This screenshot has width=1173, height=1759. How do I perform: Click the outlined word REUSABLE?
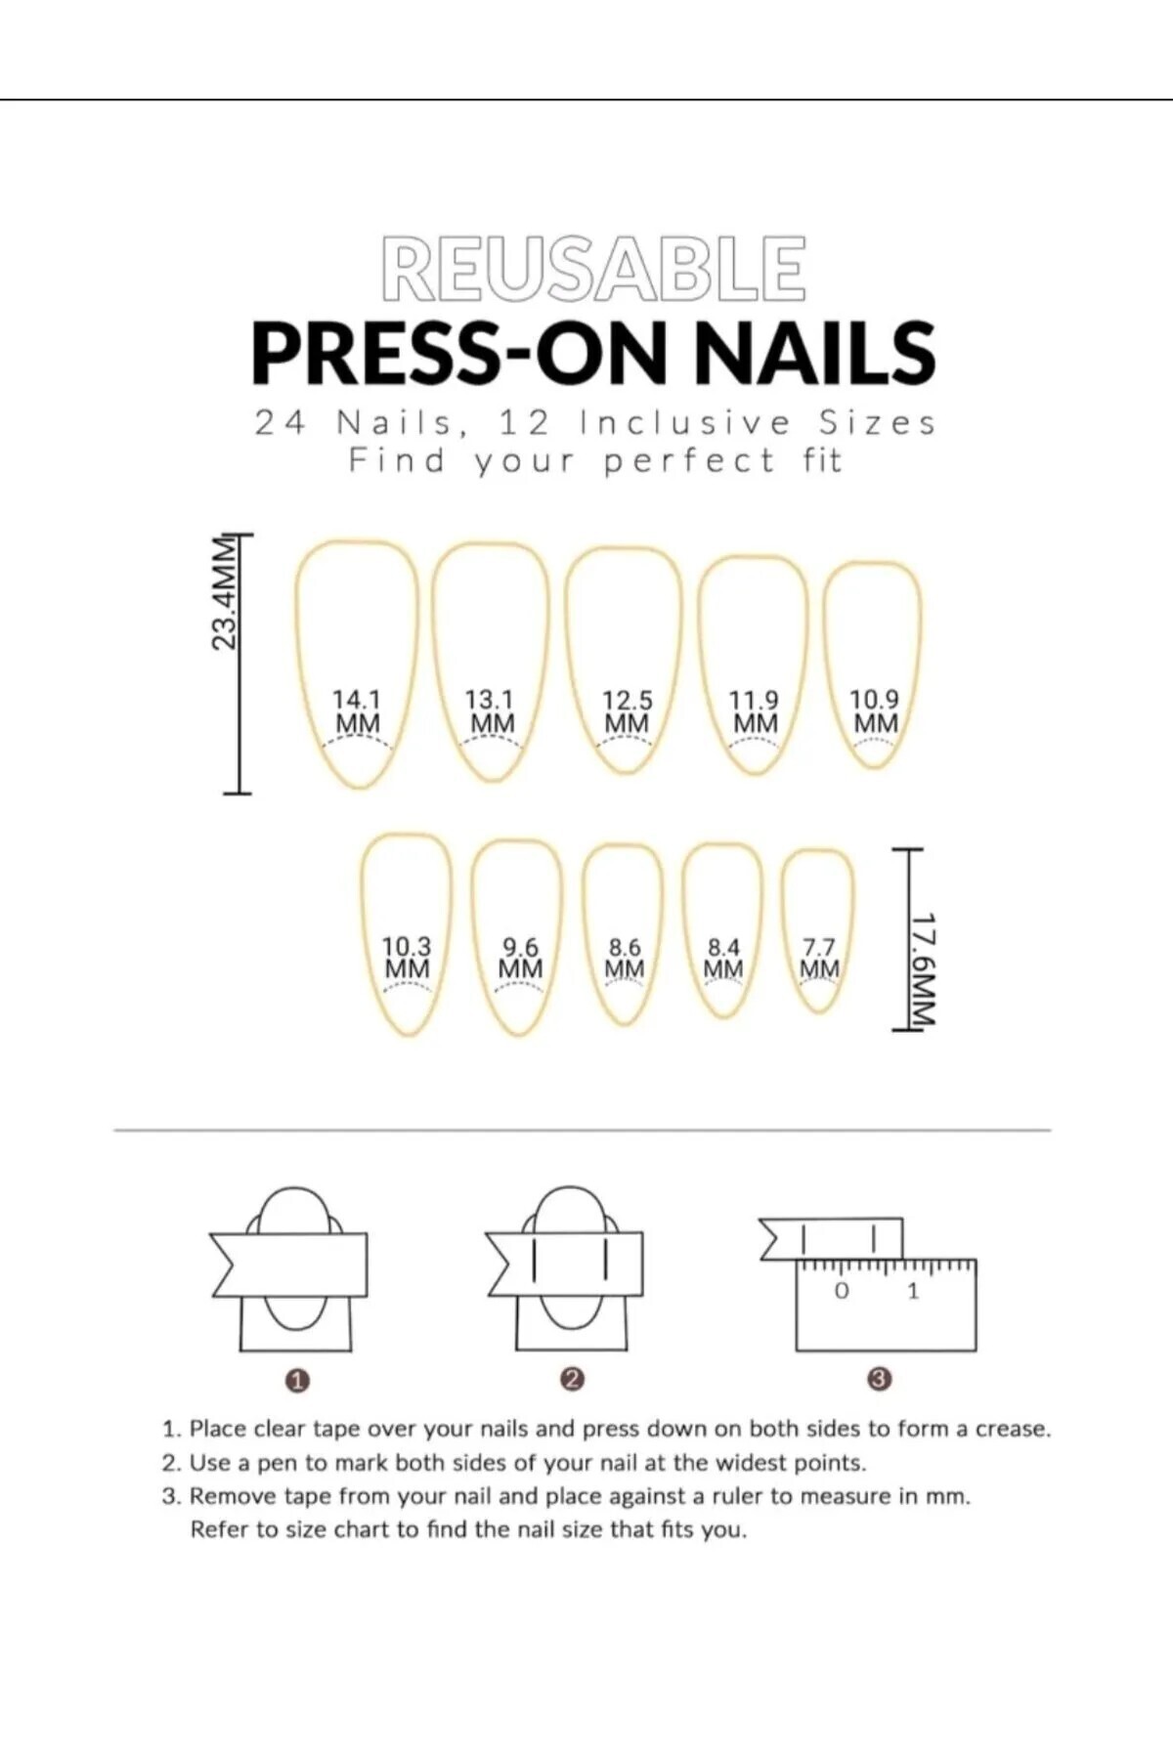coord(593,267)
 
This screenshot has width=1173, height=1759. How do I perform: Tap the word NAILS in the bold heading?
coord(815,353)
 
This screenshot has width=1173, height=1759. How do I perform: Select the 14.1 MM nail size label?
coord(357,712)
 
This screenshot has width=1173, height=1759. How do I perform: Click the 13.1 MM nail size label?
coord(490,712)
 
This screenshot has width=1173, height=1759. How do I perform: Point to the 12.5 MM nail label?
coord(627,712)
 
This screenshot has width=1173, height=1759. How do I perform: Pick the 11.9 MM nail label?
coord(755,712)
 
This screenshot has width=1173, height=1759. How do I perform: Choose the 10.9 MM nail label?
coord(874,711)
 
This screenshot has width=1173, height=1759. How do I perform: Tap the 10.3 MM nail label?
coord(407,958)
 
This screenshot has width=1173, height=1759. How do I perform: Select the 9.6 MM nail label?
coord(520,958)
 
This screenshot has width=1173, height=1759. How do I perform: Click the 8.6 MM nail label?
coord(625,958)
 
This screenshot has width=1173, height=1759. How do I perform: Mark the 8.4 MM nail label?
coord(723,958)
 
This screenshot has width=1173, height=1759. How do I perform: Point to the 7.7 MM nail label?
coord(819,958)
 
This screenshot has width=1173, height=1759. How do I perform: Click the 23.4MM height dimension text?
coord(225,592)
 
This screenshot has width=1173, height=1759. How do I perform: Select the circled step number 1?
coord(297,1380)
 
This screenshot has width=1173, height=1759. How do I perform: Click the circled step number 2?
coord(573,1379)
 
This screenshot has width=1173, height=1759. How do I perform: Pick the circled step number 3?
coord(880,1379)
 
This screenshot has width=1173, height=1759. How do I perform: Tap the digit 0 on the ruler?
coord(842,1291)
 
